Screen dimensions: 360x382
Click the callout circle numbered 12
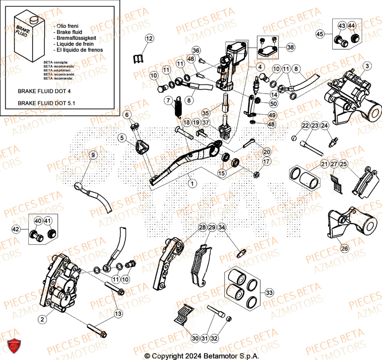[149, 38]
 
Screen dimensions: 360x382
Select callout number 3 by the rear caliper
[367, 66]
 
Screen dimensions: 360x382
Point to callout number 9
[92, 155]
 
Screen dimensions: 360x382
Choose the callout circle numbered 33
[269, 293]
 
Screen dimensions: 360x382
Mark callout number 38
[291, 47]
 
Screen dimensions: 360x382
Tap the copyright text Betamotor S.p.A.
[202, 356]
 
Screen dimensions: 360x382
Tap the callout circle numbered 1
[192, 184]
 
